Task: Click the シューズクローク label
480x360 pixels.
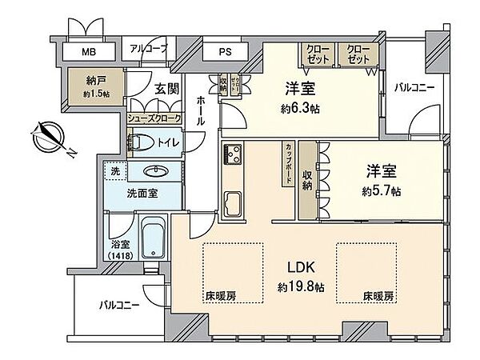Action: click(x=154, y=118)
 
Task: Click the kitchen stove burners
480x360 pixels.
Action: click(x=232, y=154)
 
